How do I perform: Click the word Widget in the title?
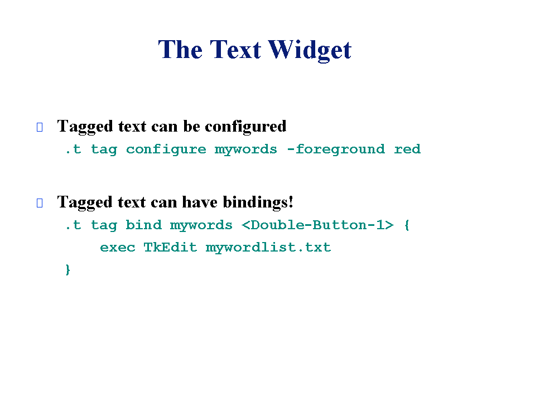coord(310,50)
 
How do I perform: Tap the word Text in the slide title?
coord(235,50)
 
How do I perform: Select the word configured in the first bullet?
coord(245,127)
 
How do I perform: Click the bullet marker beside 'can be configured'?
coord(40,127)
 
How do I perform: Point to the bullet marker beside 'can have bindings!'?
coord(40,203)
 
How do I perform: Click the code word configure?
coord(166,149)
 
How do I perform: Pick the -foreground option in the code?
coord(336,149)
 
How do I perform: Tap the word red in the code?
coord(407,149)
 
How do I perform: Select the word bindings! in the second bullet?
coord(258,202)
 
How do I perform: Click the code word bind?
coord(143,225)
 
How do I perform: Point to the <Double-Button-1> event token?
coord(317,225)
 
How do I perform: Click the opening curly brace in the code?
coord(407,225)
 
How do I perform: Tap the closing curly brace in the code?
coord(68,270)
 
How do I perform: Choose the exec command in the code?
coord(118,248)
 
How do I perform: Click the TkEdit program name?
coord(170,247)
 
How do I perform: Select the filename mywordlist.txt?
coord(268,248)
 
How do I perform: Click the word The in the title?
coord(181,50)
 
